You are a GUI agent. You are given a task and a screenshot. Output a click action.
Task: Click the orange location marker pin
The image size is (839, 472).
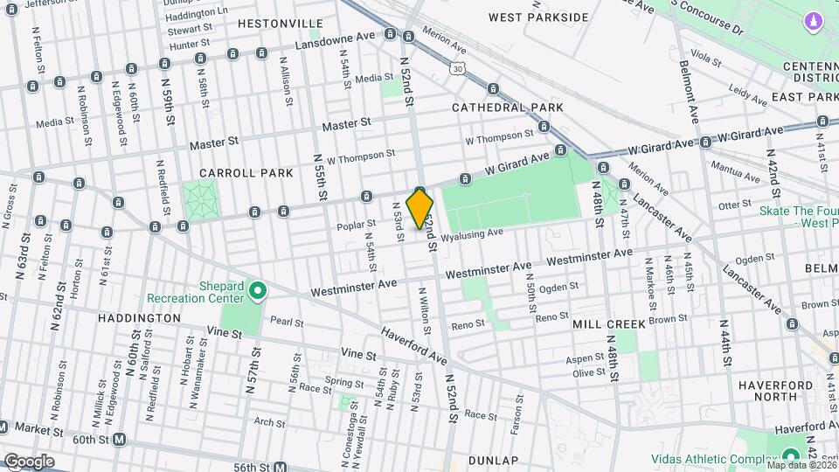point(420,208)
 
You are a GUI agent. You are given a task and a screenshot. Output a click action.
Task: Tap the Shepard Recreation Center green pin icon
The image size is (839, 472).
point(258,288)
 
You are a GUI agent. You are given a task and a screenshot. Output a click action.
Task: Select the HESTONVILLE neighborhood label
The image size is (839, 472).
point(267,23)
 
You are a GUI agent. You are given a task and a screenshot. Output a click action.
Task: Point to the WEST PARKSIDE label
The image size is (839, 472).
point(538,17)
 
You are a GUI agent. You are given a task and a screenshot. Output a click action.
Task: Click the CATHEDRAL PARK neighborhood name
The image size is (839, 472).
point(508,108)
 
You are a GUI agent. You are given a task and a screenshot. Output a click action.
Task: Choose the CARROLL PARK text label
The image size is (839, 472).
point(246,173)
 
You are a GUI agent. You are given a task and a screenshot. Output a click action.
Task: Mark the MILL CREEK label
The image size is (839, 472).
point(608,323)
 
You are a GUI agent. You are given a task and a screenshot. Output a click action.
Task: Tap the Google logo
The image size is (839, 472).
point(29,461)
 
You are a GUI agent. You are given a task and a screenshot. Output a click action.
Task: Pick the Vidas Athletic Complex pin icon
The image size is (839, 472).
point(791,455)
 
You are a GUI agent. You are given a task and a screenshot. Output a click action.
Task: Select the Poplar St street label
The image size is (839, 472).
point(356,226)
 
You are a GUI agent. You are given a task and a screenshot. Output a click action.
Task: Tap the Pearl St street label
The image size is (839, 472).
point(286,322)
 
